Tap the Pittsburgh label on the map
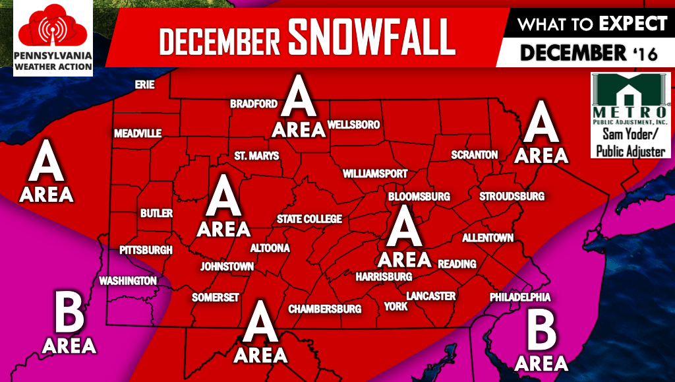146,250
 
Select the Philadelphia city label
520,298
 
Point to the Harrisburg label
384,276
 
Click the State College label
309,219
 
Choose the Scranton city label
475,154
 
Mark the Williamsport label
375,174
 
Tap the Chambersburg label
325,309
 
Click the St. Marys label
257,156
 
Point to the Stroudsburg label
512,197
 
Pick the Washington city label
128,280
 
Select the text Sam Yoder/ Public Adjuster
630,143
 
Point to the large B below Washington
69,315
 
